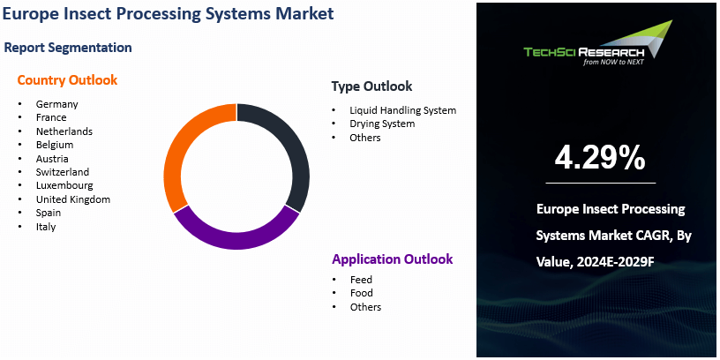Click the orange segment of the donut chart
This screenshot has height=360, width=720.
174,156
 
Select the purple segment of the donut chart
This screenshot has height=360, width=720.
236,240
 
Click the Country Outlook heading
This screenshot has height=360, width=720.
67,80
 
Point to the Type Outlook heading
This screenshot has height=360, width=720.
372,86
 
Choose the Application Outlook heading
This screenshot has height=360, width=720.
393,259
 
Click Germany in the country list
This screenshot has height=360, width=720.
57,104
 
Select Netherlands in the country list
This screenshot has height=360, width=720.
64,131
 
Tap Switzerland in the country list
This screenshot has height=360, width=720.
63,172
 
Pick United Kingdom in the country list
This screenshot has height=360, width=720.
73,199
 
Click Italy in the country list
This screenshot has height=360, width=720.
46,227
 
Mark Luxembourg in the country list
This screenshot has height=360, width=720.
64,185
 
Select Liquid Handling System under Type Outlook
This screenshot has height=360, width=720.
402,110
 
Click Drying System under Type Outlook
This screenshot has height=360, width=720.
382,124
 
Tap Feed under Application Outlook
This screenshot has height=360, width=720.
361,280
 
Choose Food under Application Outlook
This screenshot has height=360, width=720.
362,293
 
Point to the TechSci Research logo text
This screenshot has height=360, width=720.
584,52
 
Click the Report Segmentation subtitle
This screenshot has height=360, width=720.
68,48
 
